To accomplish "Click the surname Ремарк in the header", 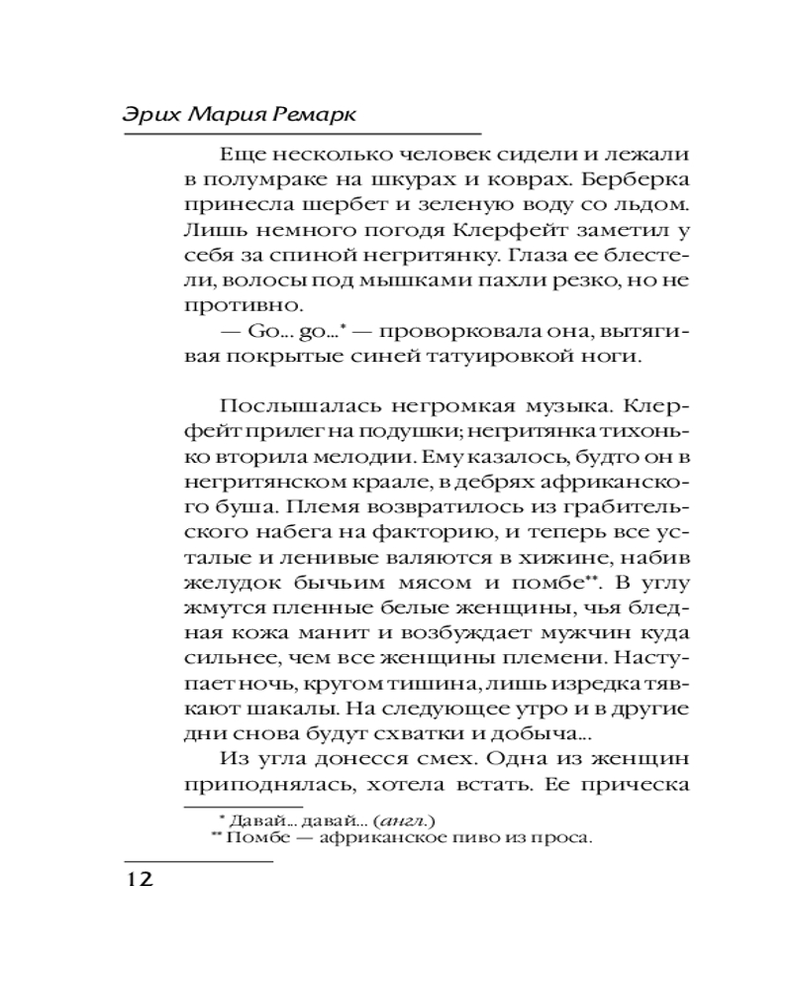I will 314,114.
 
